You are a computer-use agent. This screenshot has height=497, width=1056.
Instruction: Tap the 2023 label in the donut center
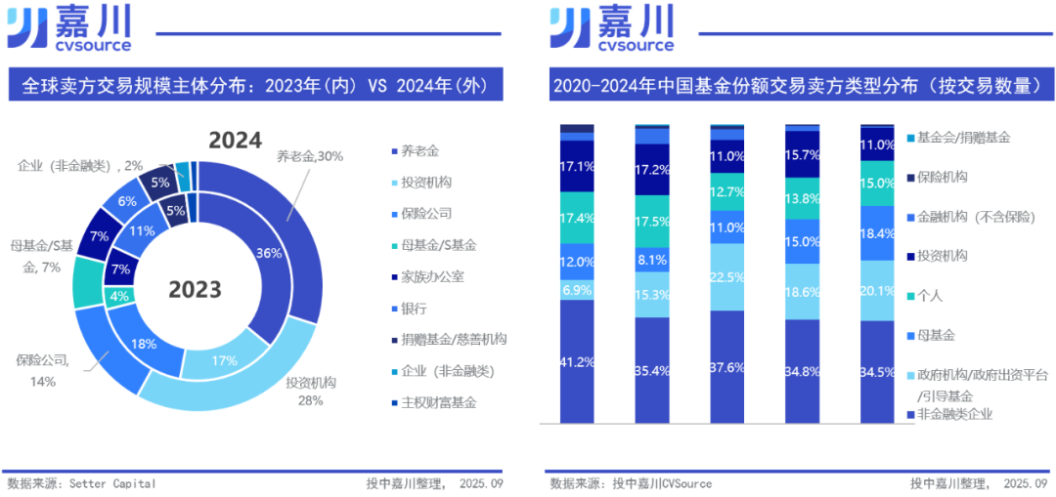[194, 289]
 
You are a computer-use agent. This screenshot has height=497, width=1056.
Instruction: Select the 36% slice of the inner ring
[269, 253]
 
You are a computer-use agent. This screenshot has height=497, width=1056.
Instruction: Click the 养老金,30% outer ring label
[310, 155]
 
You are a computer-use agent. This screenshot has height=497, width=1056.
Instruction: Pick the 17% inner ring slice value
[224, 360]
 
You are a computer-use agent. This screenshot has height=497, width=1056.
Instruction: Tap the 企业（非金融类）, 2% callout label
[80, 165]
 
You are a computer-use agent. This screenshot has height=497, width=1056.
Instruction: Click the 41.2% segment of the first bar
[577, 361]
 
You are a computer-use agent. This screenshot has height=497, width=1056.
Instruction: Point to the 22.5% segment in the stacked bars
[727, 275]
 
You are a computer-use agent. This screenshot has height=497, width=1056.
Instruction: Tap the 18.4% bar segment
[877, 233]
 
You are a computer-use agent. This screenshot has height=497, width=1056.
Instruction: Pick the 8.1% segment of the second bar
[652, 261]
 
